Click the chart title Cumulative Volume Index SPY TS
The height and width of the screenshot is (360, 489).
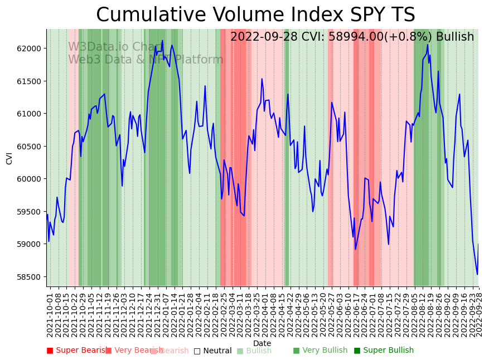click(x=255, y=15)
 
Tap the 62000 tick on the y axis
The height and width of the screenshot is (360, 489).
click(x=30, y=48)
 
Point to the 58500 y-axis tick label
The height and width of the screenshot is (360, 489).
click(x=30, y=277)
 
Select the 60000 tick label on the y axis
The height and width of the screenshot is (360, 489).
click(x=30, y=179)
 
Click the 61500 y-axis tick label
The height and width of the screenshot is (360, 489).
click(x=30, y=81)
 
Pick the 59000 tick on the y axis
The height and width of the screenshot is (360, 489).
click(x=30, y=244)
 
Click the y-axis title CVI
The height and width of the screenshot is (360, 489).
click(x=9, y=158)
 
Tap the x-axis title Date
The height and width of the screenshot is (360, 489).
click(x=262, y=343)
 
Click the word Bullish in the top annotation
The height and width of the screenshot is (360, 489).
click(x=454, y=37)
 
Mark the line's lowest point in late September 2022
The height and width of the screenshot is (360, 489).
click(x=477, y=274)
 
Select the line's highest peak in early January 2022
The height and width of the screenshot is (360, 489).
click(x=162, y=41)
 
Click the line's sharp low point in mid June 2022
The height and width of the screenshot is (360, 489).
click(x=355, y=249)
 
